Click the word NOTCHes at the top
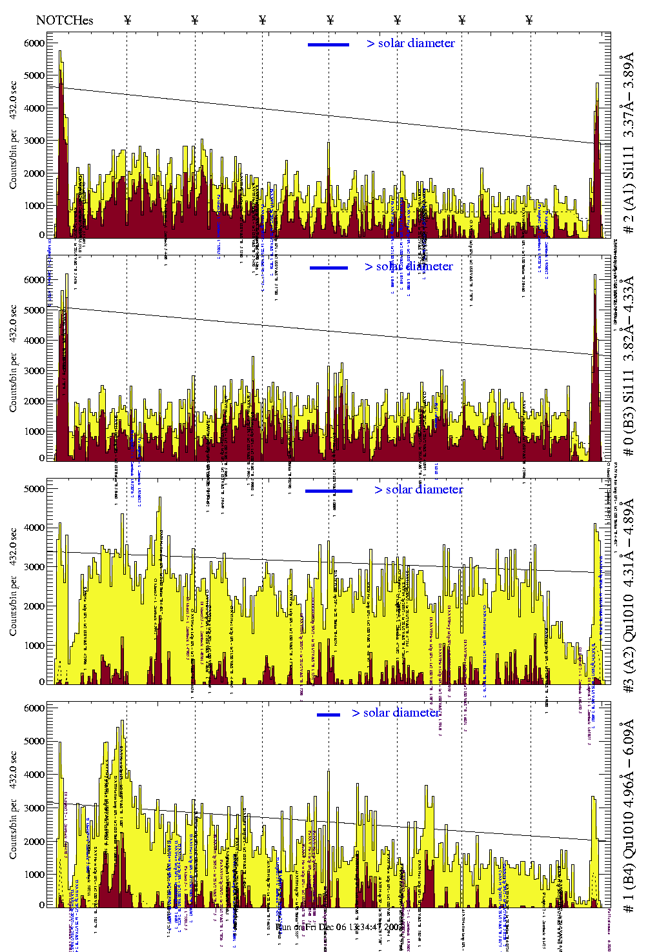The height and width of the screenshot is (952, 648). [65, 20]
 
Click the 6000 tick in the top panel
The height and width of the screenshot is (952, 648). [34, 43]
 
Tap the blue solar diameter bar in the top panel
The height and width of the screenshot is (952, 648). [329, 45]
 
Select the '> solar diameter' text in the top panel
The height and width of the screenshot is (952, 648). [410, 43]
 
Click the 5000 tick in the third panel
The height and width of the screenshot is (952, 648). [34, 489]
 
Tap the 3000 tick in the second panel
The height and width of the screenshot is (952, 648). [34, 371]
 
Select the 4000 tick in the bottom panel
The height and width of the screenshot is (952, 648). [34, 775]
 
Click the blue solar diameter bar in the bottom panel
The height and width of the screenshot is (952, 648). [329, 715]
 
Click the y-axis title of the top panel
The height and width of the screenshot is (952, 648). [13, 135]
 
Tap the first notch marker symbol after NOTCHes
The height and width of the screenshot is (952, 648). [128, 20]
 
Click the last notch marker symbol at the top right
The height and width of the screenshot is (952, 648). [529, 20]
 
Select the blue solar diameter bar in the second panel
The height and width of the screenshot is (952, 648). [329, 268]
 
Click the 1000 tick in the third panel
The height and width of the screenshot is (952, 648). [34, 646]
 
